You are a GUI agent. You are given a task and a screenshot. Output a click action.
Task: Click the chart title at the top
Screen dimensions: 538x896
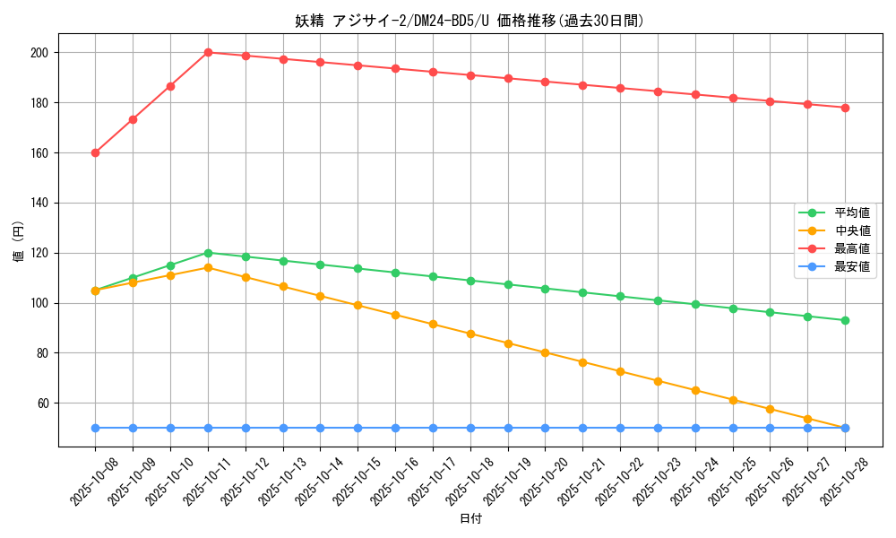(470, 21)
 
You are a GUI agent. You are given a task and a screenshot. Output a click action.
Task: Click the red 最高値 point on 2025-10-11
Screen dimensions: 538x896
(208, 52)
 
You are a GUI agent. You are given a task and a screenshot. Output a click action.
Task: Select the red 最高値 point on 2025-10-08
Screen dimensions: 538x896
(95, 152)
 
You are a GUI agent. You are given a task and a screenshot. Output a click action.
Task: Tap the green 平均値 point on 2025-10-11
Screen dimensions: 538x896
(208, 253)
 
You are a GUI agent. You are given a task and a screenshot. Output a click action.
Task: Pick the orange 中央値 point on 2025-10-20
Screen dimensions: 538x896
(545, 352)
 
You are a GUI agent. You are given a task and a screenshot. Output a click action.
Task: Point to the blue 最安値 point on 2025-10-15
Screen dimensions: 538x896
(358, 428)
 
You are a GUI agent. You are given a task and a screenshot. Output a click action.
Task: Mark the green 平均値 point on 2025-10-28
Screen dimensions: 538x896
(845, 320)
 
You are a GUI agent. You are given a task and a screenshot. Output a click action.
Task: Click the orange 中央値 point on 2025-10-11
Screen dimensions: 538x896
(208, 267)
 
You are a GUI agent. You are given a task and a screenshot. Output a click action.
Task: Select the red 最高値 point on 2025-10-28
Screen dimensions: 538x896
(845, 108)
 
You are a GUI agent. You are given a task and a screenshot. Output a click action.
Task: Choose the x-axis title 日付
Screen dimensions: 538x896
(470, 519)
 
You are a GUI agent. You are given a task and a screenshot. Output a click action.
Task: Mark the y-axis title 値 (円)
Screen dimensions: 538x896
(19, 241)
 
